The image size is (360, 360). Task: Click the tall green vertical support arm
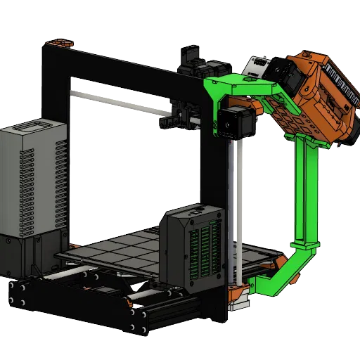(x=308, y=190)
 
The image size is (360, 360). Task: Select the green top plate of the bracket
(x=239, y=88)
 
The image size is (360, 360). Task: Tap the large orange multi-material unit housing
(x=316, y=91)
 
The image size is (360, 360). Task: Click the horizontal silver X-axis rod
(x=120, y=101)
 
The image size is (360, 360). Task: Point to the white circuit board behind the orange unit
(x=257, y=67)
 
